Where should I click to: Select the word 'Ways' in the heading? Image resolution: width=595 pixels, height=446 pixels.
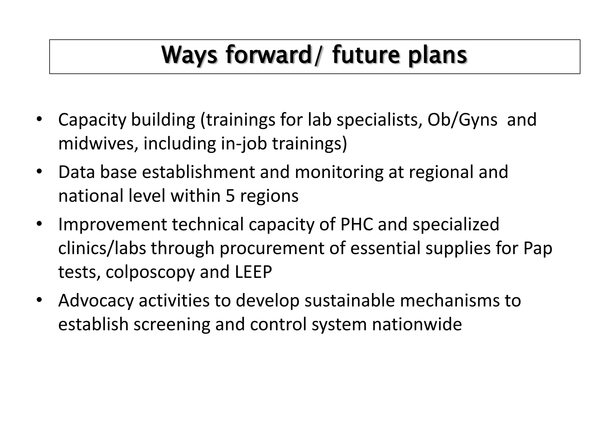point(189,55)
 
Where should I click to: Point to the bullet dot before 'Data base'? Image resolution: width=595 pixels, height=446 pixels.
point(39,171)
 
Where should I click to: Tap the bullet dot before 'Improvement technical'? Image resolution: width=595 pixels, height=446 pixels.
point(39,224)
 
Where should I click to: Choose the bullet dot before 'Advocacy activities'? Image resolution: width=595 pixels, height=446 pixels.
point(39,300)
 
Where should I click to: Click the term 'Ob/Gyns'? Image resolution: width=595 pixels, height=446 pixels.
point(462,120)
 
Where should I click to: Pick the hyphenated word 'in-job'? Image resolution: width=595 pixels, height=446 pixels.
point(244,143)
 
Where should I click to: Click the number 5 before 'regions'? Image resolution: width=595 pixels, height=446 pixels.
point(230,196)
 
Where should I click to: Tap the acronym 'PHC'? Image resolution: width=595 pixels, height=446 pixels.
point(356,224)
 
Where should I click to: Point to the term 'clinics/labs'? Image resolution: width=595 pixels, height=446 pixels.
point(102,248)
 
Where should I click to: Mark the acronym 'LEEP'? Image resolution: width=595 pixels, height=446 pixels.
point(253,272)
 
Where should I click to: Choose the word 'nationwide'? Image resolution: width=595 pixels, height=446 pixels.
point(417,324)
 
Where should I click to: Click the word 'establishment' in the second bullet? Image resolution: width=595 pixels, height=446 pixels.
point(198,172)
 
